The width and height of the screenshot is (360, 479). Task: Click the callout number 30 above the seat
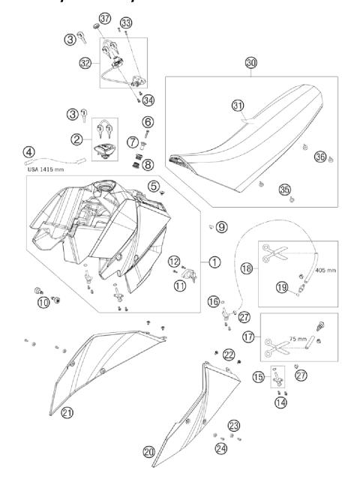[250, 64]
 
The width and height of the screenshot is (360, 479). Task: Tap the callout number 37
[104, 18]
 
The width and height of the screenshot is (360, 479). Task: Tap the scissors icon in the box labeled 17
[267, 346]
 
